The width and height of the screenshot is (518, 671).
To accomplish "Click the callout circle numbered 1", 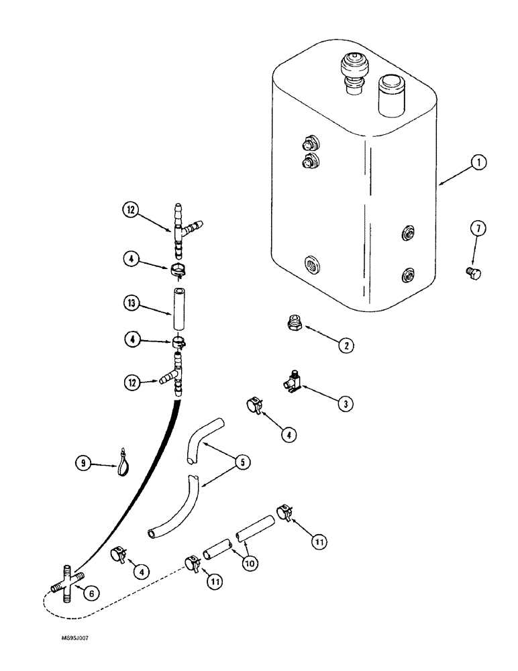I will [x=480, y=163].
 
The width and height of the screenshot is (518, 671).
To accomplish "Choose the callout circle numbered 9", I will [x=84, y=462].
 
